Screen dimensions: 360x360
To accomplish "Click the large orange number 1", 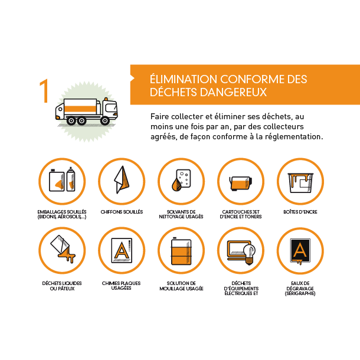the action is pos(44,91).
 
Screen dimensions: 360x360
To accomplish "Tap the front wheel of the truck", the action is pos(105,120).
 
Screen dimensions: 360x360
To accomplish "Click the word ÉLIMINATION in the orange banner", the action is pos(183,79).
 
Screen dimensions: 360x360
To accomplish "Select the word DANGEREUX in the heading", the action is pos(233,92).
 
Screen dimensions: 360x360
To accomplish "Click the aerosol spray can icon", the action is pos(71,179).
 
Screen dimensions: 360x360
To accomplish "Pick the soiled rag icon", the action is pos(122,179).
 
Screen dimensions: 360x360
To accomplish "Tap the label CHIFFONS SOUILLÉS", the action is pos(122,212).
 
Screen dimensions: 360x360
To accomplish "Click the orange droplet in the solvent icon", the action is pos(176,184).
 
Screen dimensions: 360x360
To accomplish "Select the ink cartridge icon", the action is pos(241,183).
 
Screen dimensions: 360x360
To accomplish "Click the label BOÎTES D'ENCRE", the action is pos(300,212).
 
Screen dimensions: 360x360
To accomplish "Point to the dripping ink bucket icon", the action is pos(300,183).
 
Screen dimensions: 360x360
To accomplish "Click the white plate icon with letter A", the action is pos(122,250).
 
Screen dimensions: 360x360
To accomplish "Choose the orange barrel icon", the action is pos(181,251).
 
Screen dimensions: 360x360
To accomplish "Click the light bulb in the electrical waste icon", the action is pos(249,254).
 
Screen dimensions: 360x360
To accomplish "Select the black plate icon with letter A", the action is pos(300,250).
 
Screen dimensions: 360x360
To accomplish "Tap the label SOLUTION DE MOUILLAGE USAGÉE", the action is pos(181,286).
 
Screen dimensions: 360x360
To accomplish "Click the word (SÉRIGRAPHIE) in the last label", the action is pos(300,293).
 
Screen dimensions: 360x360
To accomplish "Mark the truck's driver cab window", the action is pos(112,107).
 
